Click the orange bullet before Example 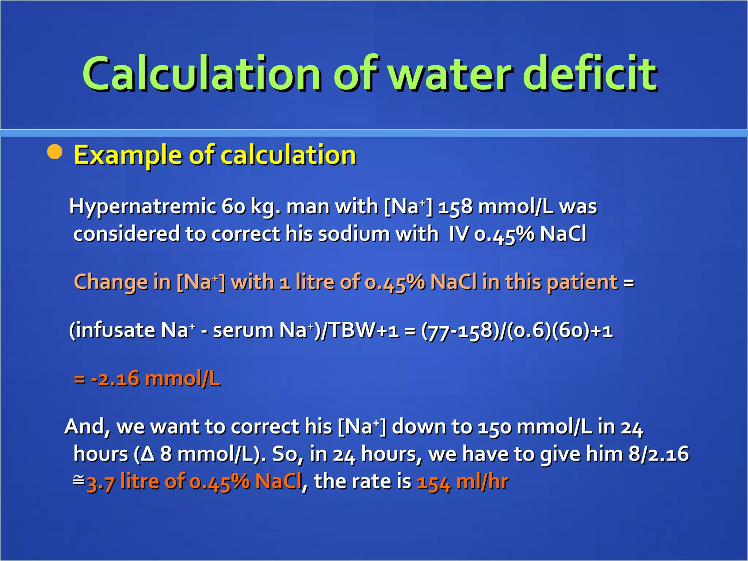pos(55,152)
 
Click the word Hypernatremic pos(142,207)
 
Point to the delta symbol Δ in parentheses pos(148,454)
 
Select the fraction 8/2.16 pos(659,454)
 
